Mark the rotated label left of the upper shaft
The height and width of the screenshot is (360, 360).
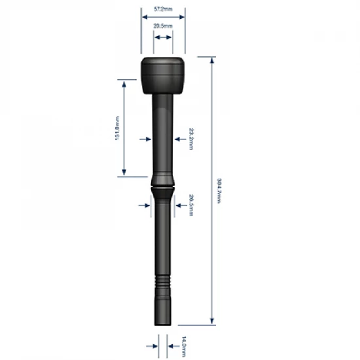click(117, 128)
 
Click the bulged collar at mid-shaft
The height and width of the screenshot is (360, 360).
click(163, 183)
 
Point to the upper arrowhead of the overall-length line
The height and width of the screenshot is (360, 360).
click(211, 61)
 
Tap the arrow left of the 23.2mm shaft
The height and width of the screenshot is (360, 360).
click(145, 139)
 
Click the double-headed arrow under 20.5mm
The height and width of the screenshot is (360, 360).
click(163, 38)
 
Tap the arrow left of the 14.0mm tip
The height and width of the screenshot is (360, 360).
click(150, 341)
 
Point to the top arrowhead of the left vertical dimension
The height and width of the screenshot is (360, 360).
click(123, 82)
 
